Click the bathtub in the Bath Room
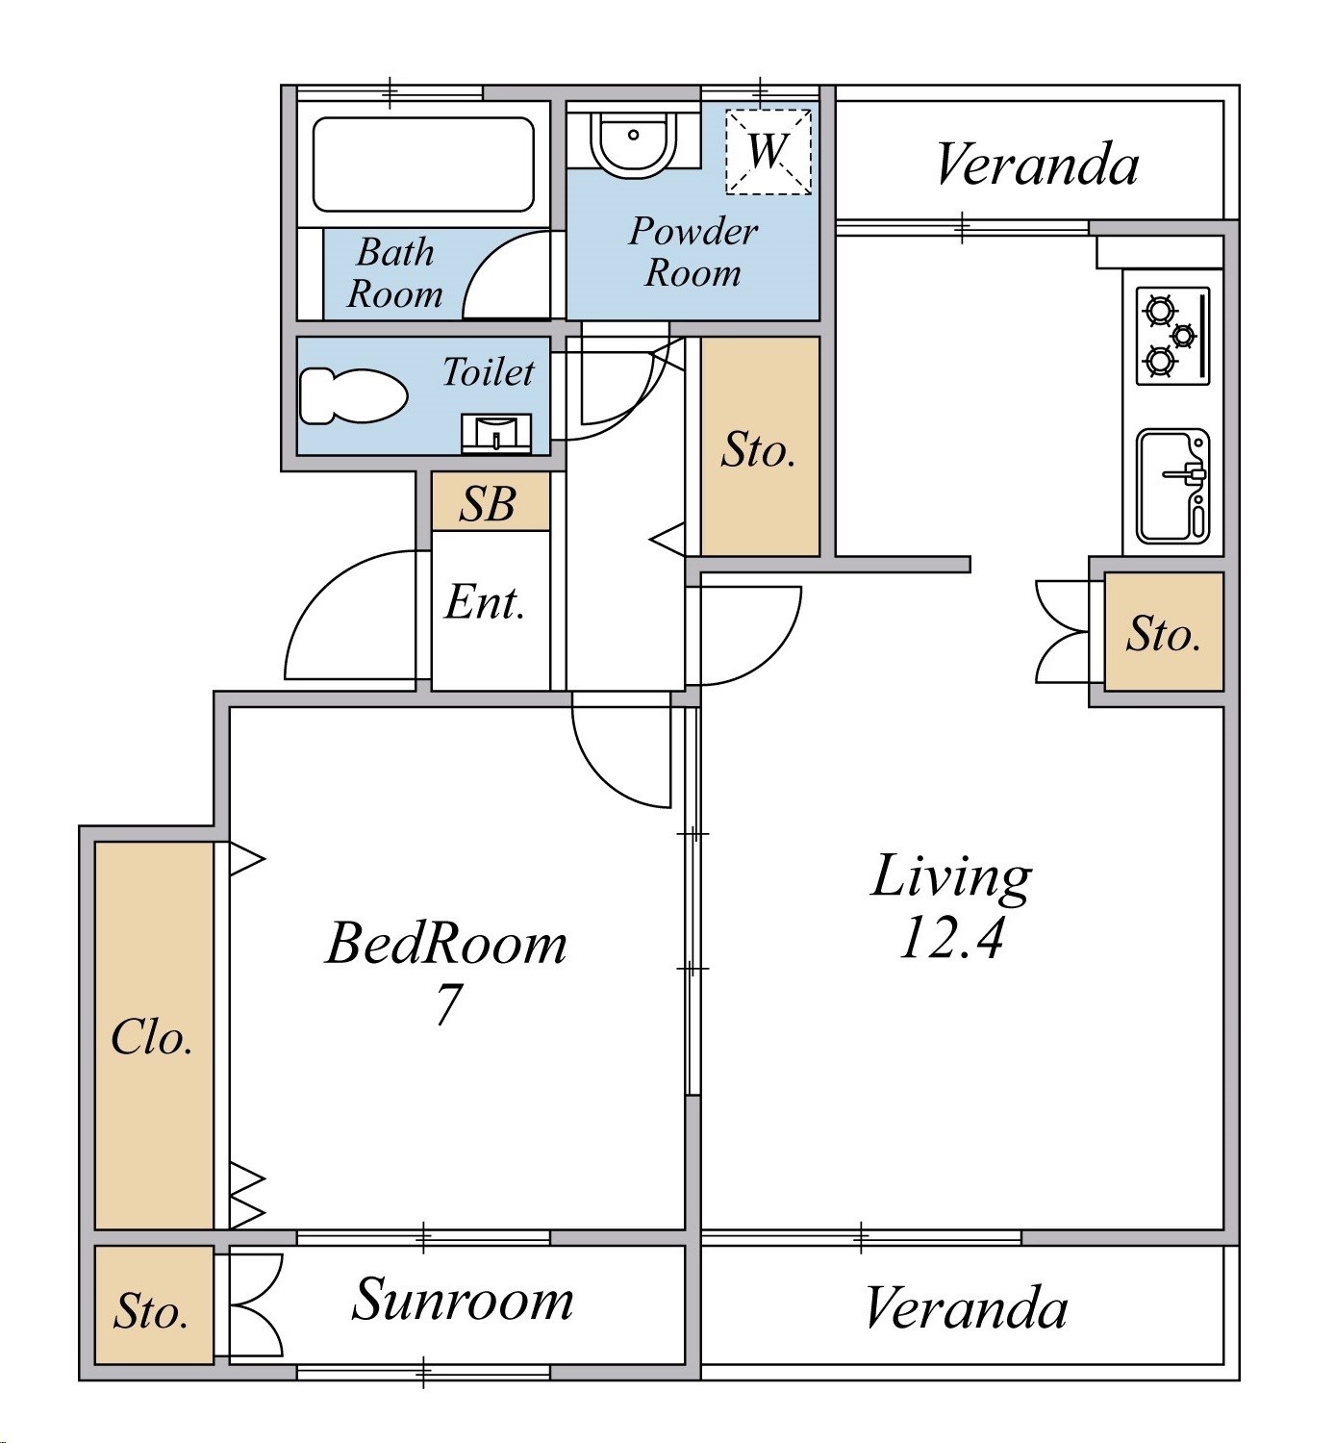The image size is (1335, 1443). point(424,165)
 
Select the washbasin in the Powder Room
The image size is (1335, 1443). point(633,142)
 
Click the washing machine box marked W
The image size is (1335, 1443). point(768,151)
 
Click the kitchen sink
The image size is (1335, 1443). point(1173,486)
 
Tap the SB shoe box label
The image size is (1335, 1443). point(488,503)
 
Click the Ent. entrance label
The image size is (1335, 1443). point(485,602)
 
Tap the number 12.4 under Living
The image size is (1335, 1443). point(950,938)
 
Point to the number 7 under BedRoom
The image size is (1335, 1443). point(447,1004)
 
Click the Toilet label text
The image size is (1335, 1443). point(489,372)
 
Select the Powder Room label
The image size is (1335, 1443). point(693,252)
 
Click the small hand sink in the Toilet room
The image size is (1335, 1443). point(496,433)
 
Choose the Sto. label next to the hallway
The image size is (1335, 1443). point(758,450)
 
